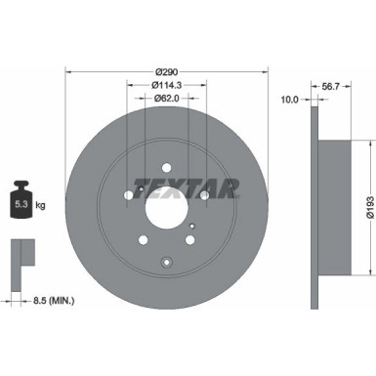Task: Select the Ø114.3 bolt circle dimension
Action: coord(166,86)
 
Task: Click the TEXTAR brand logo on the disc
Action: coord(186,188)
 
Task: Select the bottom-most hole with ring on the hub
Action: coord(166,260)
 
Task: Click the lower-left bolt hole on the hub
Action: coord(144,239)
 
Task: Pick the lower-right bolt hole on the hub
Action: coord(188,239)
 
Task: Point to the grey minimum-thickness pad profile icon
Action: coord(22,253)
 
